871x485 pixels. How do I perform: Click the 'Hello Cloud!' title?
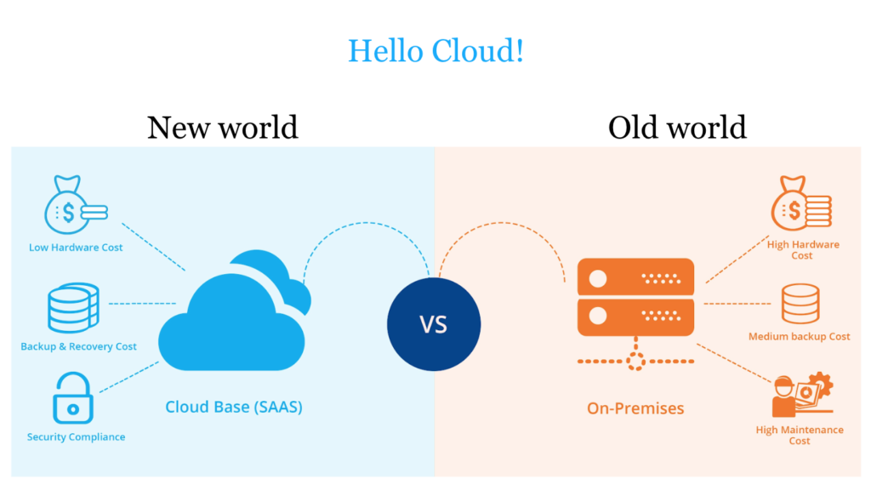coord(435,51)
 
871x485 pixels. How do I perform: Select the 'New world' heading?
coord(223,128)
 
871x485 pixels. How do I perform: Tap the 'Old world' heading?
coord(677,128)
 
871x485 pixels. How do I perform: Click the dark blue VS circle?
coord(434,324)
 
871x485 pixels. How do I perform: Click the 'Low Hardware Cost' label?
coord(76,248)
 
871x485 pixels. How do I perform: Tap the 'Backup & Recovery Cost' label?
coord(79,346)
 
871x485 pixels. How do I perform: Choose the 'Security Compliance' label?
coord(76,436)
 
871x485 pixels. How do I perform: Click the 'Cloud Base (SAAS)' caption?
coord(234,408)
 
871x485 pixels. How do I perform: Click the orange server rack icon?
coord(635,298)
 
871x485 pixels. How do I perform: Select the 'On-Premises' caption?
coord(635,408)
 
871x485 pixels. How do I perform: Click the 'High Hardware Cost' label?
coord(803,250)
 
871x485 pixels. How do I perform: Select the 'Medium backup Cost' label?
coord(800,337)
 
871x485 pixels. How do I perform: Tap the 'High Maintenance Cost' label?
coord(800,436)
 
